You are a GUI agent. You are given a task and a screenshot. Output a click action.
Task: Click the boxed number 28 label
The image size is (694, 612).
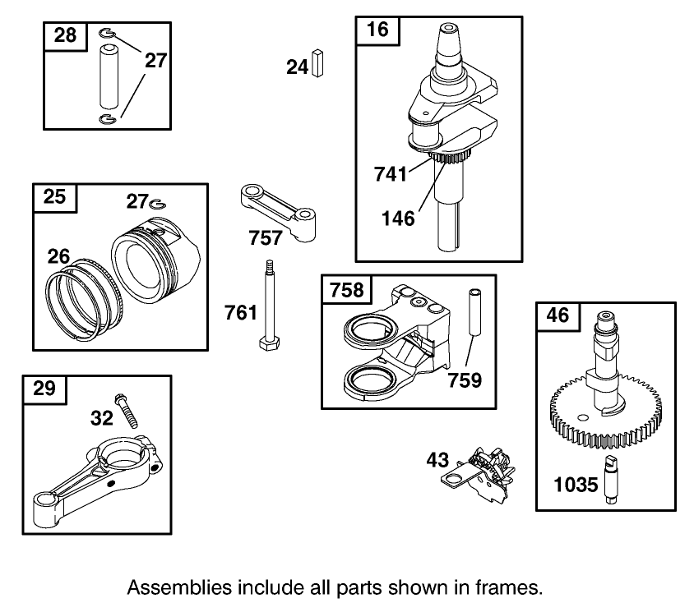[65, 35]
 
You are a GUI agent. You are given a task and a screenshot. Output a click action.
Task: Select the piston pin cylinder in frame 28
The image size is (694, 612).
[109, 77]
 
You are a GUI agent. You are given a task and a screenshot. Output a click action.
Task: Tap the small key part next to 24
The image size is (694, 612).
[319, 64]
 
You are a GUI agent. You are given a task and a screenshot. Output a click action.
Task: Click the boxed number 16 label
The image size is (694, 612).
[377, 30]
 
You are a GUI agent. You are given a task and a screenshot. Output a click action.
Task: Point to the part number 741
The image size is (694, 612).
[391, 174]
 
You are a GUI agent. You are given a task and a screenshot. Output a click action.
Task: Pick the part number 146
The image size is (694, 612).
[399, 219]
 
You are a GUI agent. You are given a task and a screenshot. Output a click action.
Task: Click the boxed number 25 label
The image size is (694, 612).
[54, 197]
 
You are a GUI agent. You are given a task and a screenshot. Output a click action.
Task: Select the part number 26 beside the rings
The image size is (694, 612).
[58, 256]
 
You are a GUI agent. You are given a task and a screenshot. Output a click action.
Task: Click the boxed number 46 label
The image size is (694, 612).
[558, 316]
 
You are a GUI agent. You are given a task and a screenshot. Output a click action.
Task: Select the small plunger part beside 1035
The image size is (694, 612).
[611, 476]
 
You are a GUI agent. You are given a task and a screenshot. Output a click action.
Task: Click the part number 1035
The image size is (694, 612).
[576, 485]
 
